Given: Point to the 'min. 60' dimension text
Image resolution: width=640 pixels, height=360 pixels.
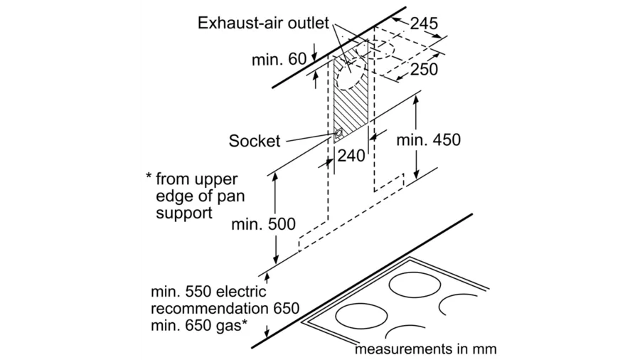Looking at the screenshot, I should point(279,59).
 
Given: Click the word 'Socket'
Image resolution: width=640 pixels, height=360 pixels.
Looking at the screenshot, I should point(255,141).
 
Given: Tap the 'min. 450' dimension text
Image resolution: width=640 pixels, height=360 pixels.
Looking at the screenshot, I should point(429,140).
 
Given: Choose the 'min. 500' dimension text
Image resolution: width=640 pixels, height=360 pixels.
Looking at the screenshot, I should point(263,225).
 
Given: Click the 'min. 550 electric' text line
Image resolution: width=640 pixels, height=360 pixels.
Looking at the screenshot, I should point(208,292).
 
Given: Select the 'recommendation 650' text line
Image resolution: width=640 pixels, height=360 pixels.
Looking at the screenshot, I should point(225,309).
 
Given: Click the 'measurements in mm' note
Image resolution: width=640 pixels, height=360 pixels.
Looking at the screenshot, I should point(425,350).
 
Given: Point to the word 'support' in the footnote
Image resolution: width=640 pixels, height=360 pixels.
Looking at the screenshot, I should point(184,212).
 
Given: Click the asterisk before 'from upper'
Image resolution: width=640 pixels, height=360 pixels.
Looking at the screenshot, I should point(149,177).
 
